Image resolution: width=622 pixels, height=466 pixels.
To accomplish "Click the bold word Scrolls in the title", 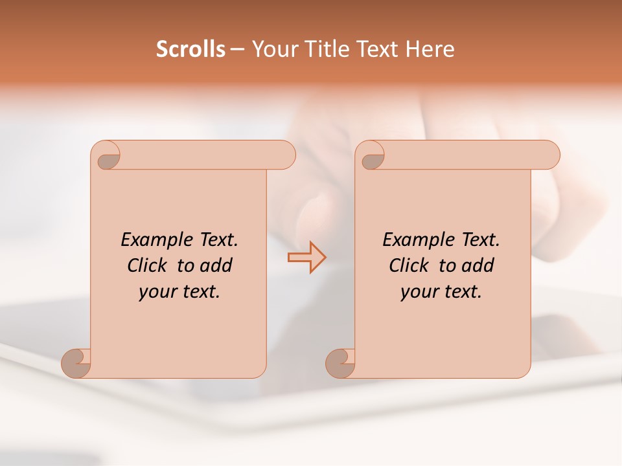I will (190, 49).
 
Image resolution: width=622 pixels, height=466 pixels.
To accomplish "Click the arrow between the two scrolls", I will (306, 257).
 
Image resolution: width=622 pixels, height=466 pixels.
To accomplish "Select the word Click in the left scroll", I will (146, 265).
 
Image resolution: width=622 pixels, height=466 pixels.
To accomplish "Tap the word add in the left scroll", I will (216, 265).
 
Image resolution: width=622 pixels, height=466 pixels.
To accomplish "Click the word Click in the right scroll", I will (408, 265).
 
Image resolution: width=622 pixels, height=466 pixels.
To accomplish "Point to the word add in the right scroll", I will (478, 265).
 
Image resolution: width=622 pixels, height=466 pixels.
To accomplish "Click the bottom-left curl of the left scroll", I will (77, 362).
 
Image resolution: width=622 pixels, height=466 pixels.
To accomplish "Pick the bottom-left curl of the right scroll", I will (341, 362).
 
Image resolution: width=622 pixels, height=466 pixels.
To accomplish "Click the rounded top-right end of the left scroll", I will (285, 155).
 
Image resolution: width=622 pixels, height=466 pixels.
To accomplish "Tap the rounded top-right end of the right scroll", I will (549, 155).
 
